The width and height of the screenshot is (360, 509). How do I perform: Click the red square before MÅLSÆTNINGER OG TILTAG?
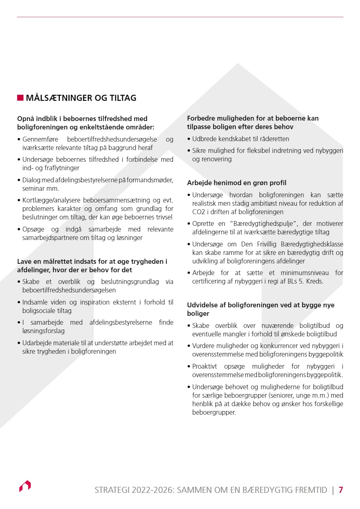20,98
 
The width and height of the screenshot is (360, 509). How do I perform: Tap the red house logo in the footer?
25,486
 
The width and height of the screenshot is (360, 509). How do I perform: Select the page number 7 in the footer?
341,490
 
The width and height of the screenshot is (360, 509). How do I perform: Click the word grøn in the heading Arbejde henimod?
253,183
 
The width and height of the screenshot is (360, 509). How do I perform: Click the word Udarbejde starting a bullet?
37,343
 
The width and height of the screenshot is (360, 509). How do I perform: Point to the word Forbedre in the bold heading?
201,119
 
